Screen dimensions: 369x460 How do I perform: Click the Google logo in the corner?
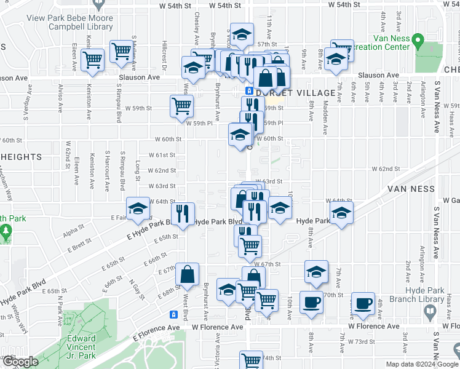20,362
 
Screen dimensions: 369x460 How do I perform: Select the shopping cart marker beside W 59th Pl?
181,106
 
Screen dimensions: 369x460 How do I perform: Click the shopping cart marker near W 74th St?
251,360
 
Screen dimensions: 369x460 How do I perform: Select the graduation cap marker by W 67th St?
315,271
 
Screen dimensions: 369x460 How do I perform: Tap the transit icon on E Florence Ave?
174,314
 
